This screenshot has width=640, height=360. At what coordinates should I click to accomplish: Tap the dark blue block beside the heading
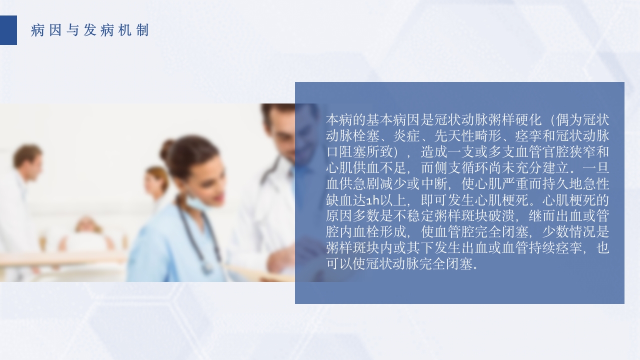[x=8, y=30]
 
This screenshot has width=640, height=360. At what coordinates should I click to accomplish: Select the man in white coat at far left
[x=25, y=200]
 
